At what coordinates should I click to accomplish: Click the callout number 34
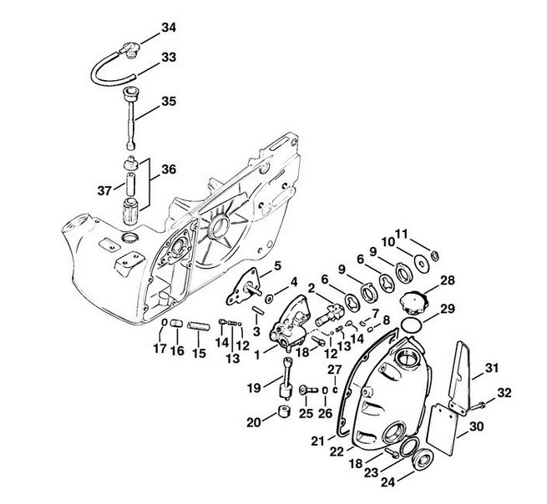[x=169, y=28]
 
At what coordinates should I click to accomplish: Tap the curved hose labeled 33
[x=104, y=66]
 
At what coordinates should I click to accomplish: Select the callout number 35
[x=169, y=102]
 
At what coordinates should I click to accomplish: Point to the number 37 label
[x=104, y=190]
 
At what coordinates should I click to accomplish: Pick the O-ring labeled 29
[x=411, y=325]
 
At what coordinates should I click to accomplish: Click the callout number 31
[x=492, y=368]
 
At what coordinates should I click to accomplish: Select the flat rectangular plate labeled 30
[x=442, y=429]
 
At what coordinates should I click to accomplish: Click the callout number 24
[x=388, y=482]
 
